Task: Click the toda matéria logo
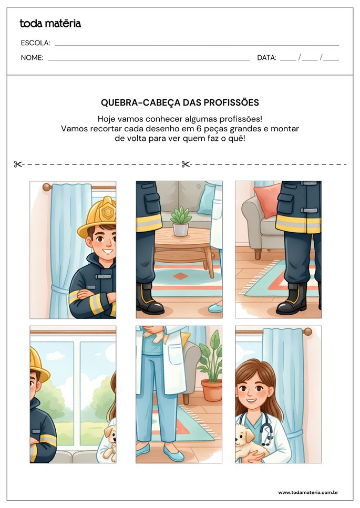(50, 23)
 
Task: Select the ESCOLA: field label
(35, 43)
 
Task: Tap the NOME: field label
(32, 58)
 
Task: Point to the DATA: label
(266, 58)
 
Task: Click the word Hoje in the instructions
(105, 119)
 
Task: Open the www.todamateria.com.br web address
(308, 492)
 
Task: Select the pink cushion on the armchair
(267, 199)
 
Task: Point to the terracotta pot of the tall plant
(212, 390)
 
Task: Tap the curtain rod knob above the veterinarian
(307, 331)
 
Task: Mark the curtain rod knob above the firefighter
(47, 187)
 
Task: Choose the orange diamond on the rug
(180, 276)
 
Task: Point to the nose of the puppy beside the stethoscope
(236, 440)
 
